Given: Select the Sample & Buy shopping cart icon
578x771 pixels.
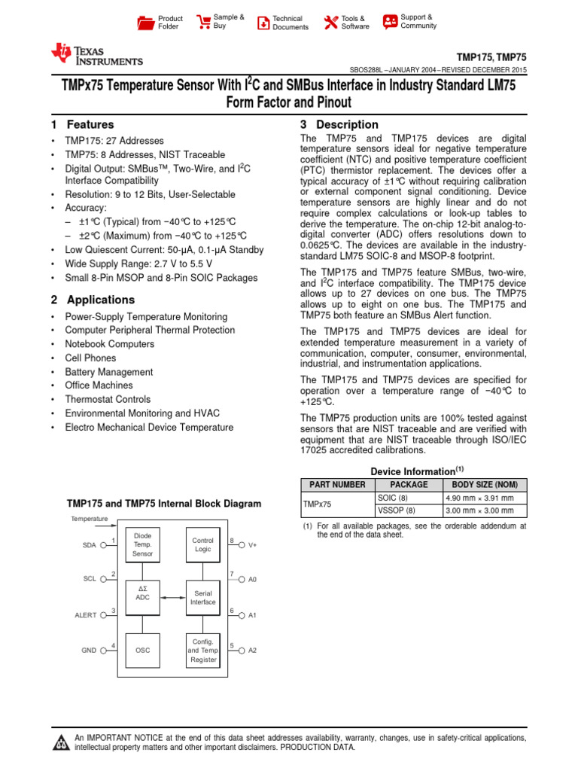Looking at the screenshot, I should [202, 22].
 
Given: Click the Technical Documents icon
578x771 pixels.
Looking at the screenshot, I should [263, 23].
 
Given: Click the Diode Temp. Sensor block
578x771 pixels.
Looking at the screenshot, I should [142, 544].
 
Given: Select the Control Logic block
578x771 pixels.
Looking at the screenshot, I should [202, 544].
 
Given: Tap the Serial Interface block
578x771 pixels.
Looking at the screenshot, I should [202, 597].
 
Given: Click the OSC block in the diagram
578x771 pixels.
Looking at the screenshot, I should [142, 649].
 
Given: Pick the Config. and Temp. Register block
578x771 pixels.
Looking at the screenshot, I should [202, 649].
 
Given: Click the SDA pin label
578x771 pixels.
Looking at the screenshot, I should [90, 545].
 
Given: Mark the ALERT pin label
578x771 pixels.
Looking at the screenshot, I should [85, 615].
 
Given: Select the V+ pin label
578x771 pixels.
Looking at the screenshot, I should [253, 545].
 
